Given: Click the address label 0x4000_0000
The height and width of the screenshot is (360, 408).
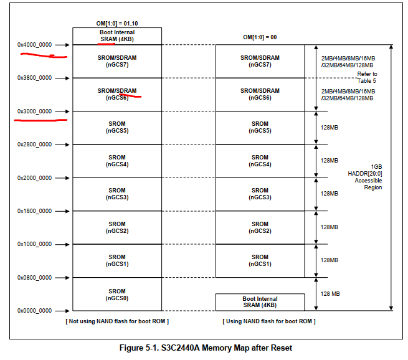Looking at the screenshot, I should (x=34, y=45).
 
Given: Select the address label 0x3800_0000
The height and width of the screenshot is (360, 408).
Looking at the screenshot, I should (x=34, y=78).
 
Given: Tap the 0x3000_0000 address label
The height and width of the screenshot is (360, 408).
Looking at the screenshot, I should (x=34, y=111).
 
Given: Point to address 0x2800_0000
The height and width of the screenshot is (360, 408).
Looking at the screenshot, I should (x=34, y=144).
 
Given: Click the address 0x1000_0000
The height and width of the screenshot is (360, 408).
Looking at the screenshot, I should (x=34, y=244).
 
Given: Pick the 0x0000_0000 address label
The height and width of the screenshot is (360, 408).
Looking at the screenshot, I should (x=34, y=310).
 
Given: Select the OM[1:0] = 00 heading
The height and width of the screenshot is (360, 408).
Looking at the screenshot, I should (x=260, y=37).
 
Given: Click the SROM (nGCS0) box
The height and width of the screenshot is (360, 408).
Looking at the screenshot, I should (x=117, y=294).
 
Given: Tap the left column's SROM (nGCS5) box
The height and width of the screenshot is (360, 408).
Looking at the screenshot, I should (x=117, y=128).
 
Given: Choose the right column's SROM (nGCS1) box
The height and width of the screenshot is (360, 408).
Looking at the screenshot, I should (x=260, y=260).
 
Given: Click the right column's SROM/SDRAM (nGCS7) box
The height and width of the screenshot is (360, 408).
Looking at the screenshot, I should (x=260, y=61).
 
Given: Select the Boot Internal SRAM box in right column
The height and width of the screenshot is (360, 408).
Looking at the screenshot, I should (x=260, y=302).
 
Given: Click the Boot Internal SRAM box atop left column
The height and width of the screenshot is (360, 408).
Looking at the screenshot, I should (x=117, y=36).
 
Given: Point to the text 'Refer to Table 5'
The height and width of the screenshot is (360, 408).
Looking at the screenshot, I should (x=366, y=78).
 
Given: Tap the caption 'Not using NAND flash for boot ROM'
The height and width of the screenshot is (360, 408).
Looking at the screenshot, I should (x=117, y=321).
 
